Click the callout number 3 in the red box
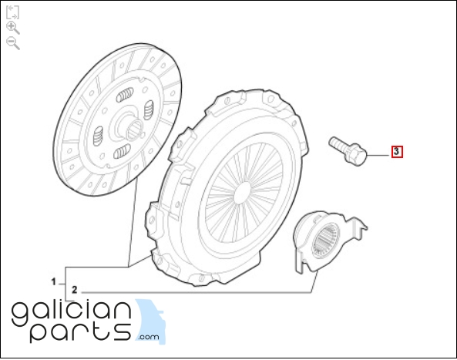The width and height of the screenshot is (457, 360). (397, 152)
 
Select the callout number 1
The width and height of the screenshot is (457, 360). (53, 282)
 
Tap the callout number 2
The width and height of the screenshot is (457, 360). (75, 290)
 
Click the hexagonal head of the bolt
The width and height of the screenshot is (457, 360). (355, 153)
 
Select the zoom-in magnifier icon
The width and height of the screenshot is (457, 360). (12, 28)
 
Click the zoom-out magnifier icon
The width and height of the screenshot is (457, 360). (12, 43)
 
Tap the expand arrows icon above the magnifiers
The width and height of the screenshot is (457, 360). (12, 12)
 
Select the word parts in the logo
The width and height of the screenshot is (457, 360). (80, 331)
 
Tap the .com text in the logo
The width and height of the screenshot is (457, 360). (149, 338)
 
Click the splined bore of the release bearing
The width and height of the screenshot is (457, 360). (326, 241)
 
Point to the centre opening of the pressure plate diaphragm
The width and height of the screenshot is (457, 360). (242, 193)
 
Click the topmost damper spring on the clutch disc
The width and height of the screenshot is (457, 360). (125, 95)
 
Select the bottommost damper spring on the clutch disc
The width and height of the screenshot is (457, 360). (122, 151)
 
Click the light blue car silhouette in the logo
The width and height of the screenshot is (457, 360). (151, 321)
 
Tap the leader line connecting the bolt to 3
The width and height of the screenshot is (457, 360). (379, 156)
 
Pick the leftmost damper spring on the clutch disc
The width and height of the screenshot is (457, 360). (98, 136)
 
